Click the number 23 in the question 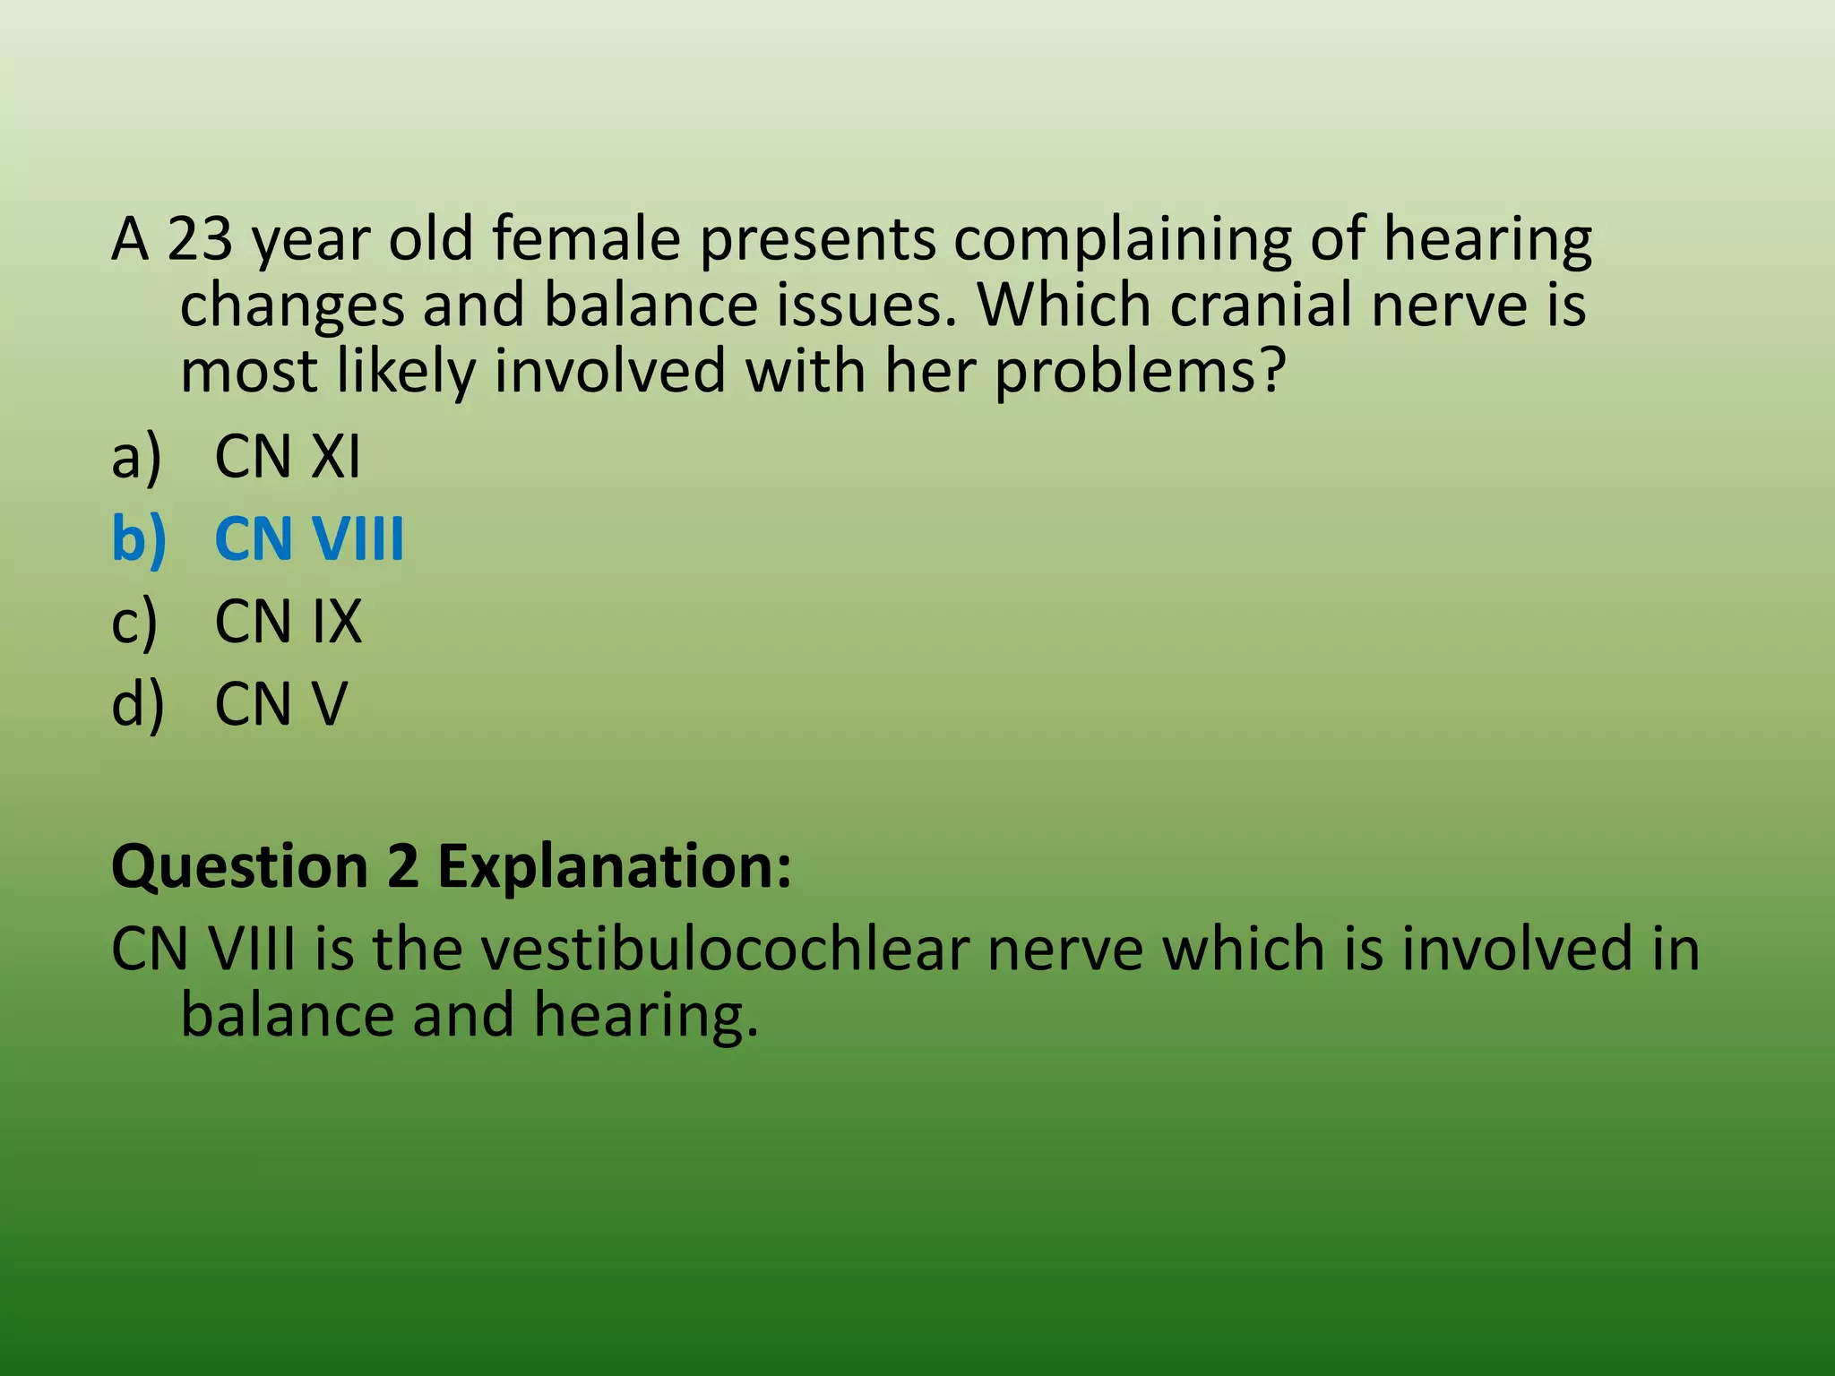199,240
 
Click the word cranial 1261,305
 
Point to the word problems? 1140,372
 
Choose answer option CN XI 287,457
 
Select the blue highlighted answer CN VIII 309,539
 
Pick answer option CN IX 288,622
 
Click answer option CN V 280,704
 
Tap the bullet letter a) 136,457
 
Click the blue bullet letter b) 139,539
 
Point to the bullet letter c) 134,622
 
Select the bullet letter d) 137,704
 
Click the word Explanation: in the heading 614,867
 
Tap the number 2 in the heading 403,867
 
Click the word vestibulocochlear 725,950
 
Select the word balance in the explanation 287,1016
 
